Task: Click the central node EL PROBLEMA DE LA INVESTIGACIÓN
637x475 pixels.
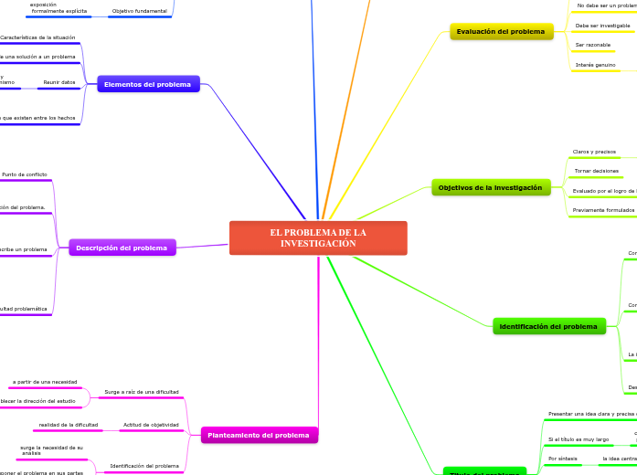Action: coord(318,237)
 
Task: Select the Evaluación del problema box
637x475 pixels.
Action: coord(502,32)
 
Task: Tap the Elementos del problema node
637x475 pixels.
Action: coord(149,84)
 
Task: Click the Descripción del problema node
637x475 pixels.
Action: coord(122,248)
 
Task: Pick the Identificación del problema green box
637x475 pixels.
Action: coord(548,326)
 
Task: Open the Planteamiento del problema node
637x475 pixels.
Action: coord(259,435)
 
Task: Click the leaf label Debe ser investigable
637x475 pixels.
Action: coord(596,26)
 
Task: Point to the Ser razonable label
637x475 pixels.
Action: coord(592,45)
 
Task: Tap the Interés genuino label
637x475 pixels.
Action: coord(596,65)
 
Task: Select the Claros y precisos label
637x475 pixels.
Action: coord(594,152)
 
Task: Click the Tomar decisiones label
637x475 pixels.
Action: coord(596,171)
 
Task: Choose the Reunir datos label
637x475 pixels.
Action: coord(60,82)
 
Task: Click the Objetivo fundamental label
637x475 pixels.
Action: coord(139,11)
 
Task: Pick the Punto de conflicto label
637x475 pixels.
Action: coord(25,174)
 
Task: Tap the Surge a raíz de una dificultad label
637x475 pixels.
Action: coord(142,391)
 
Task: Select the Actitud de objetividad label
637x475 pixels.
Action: coord(151,425)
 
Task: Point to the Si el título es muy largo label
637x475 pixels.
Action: coord(578,439)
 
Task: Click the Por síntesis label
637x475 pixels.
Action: coord(562,459)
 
